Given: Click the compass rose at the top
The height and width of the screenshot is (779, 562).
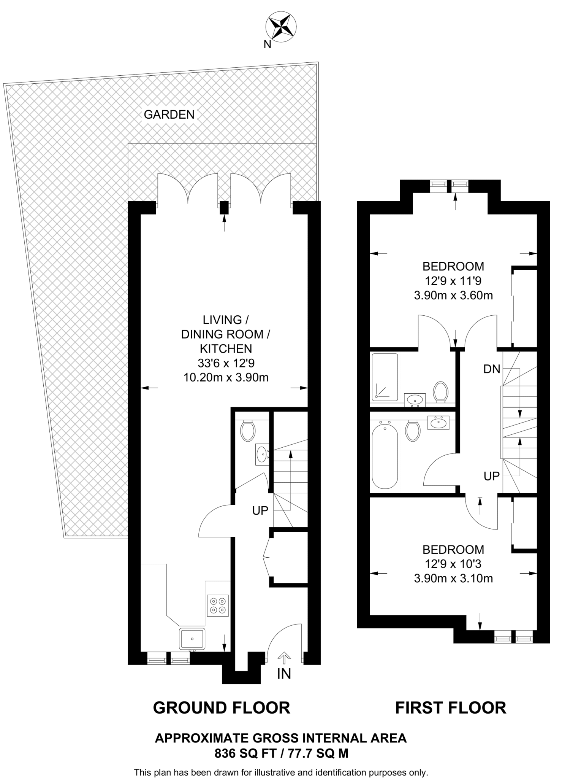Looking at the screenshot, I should click(x=280, y=26).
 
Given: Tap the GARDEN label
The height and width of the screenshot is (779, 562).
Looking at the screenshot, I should click(x=169, y=114).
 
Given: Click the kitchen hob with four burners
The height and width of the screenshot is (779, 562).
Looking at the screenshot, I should click(x=218, y=606).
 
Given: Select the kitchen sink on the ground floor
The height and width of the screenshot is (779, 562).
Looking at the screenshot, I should click(x=192, y=639).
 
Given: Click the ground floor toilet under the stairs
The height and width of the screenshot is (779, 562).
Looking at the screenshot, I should click(x=248, y=430).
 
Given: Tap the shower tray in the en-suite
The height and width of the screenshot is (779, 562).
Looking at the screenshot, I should click(x=385, y=377).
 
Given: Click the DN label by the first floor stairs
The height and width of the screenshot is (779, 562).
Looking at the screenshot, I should click(x=492, y=369).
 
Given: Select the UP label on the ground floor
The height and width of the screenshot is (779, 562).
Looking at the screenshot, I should click(x=260, y=511).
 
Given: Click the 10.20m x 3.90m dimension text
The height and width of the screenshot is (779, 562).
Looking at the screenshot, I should click(x=226, y=378).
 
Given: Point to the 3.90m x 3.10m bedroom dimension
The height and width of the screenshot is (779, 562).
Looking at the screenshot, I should click(x=453, y=579).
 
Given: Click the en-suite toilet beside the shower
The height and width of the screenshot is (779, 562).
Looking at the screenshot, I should click(x=441, y=392).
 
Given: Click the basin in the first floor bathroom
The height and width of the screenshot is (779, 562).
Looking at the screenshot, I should click(x=439, y=423).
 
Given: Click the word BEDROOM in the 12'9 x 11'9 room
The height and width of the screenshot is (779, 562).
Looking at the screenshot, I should click(x=453, y=266).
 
